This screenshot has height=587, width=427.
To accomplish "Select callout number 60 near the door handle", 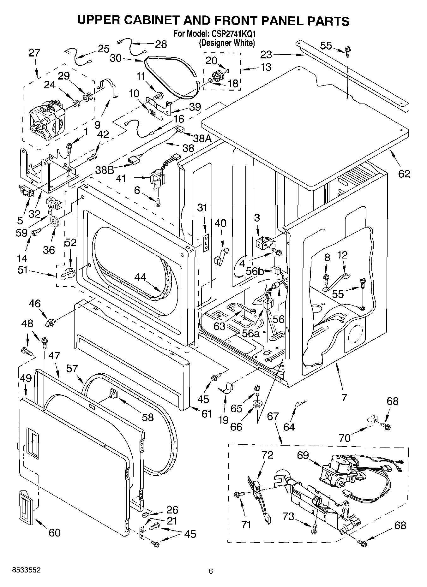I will [54, 533].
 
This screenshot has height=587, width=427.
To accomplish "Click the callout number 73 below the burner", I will [288, 516].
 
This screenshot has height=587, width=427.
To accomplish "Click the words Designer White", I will [227, 43].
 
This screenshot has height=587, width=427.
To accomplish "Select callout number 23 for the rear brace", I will [266, 55].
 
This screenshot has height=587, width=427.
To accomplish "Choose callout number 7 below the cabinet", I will [344, 397].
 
